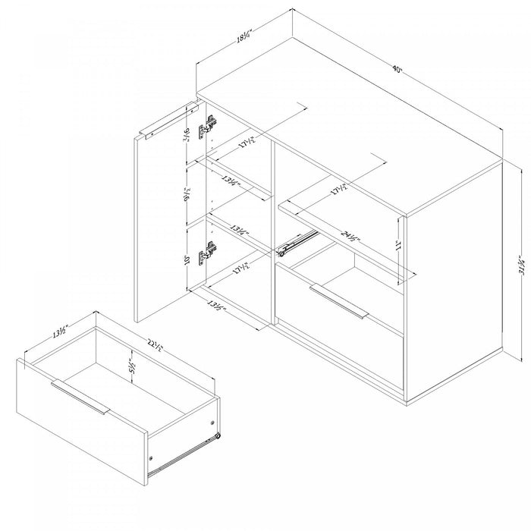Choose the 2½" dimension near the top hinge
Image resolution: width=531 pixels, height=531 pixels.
pyautogui.click(x=186, y=137)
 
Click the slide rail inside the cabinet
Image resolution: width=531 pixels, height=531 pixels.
pyautogui.click(x=294, y=241)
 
